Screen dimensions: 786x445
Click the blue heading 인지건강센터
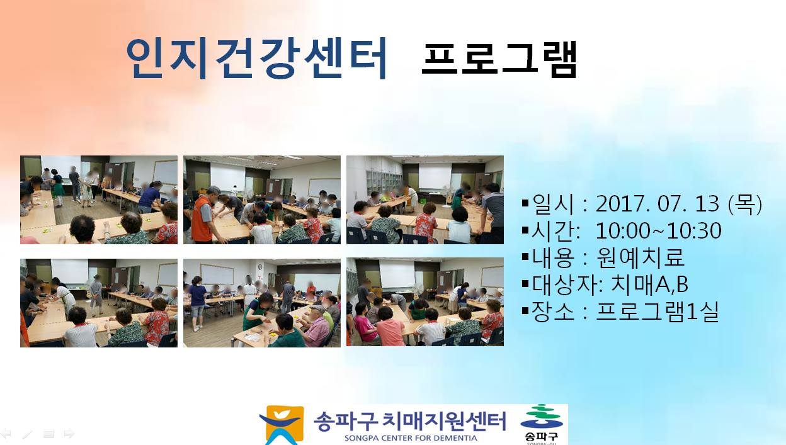pos(256,58)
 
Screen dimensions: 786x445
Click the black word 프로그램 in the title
pos(499,59)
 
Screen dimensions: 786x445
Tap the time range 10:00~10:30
pos(659,231)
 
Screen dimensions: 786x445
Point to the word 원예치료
pos(641,257)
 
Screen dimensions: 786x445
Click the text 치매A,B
pos(649,284)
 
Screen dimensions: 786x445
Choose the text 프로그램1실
pos(658,312)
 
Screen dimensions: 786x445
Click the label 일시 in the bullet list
pos(553,204)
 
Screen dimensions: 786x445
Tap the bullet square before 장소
pos(525,310)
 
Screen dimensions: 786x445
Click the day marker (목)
pos(745,204)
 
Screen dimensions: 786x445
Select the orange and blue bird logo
pos(282,425)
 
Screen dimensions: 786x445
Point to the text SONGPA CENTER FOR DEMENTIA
pos(411,438)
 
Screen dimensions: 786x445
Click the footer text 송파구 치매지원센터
pos(409,421)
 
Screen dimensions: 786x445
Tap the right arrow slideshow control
pos(69,434)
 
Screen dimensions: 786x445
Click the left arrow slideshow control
pos(6,434)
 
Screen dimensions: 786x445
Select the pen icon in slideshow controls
pos(27,434)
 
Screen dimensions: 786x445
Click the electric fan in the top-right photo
pos(447,195)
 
